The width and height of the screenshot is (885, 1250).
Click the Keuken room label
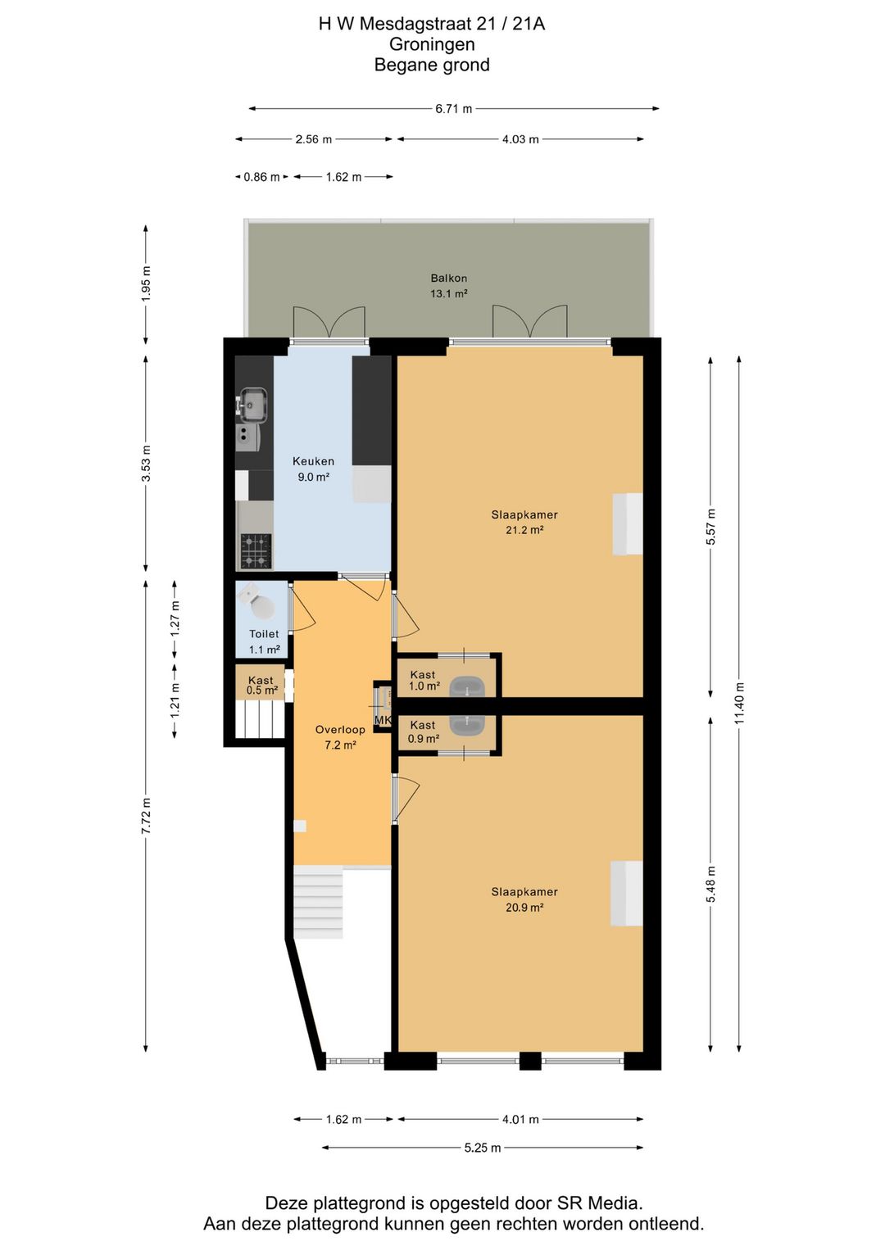(x=313, y=461)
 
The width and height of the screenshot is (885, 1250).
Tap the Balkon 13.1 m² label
(x=448, y=286)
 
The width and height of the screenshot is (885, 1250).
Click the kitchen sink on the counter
(x=253, y=404)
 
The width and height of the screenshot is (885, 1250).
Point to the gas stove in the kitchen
(x=256, y=550)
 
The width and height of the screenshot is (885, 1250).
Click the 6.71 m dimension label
(x=453, y=109)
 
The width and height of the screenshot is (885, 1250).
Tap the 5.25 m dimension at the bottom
(x=483, y=1148)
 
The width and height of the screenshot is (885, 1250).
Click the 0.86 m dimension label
(x=261, y=178)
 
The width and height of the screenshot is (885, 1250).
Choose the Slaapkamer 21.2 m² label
(x=524, y=523)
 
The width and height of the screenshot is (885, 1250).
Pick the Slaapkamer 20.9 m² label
(x=524, y=899)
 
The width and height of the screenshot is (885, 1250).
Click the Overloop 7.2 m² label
(x=340, y=737)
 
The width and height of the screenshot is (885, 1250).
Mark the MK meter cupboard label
(x=383, y=720)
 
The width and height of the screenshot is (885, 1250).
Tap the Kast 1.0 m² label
(x=423, y=680)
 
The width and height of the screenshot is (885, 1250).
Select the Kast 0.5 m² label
(x=261, y=686)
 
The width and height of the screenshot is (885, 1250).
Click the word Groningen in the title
(x=432, y=44)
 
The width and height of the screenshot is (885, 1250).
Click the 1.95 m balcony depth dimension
(x=146, y=284)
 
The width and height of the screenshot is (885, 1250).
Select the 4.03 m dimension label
(x=520, y=139)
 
